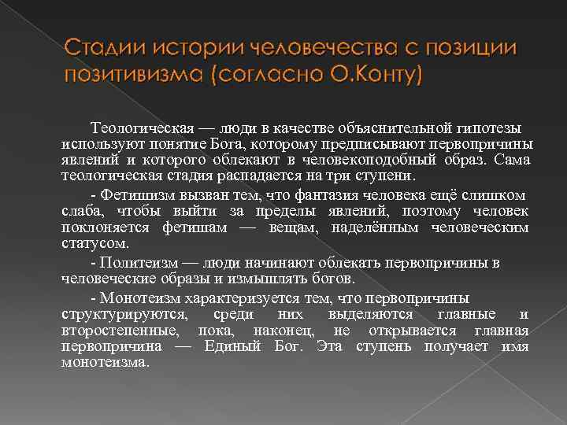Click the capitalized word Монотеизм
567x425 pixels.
click(139, 298)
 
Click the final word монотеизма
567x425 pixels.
click(104, 362)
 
